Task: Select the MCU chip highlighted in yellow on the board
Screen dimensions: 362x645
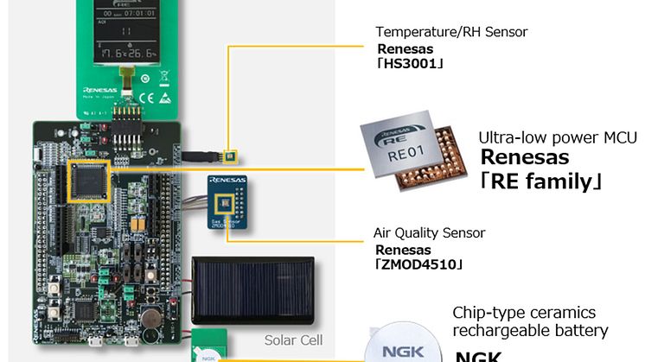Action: point(89,181)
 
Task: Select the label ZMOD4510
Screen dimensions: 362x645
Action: point(418,264)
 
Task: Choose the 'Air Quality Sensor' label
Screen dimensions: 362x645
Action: point(429,233)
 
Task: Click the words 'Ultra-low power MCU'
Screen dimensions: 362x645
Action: point(557,138)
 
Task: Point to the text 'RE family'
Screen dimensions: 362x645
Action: point(541,182)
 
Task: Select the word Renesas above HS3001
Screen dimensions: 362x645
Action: point(404,48)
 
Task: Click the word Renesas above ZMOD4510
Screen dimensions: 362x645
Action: point(402,249)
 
